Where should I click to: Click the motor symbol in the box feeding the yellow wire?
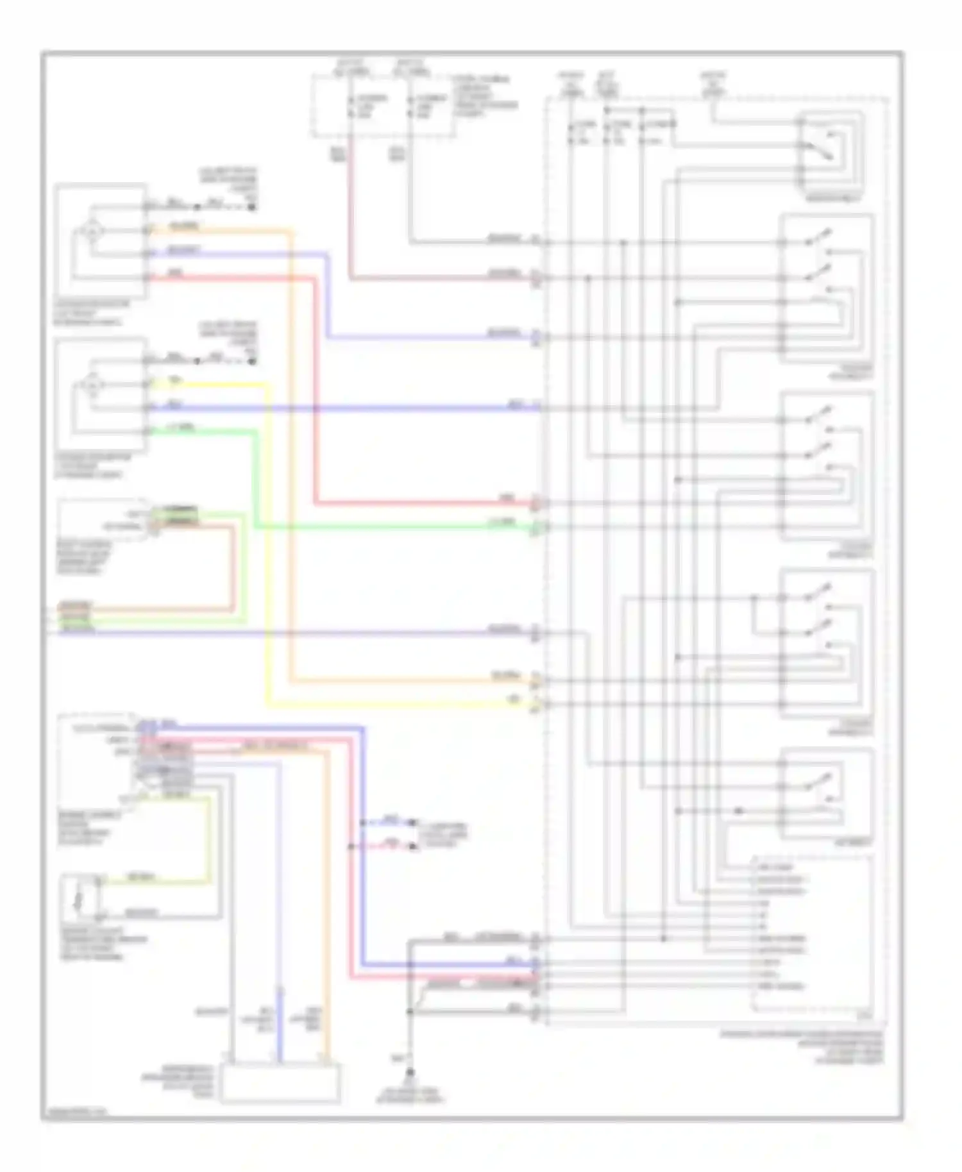pos(92,385)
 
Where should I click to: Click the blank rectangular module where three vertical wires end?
pos(280,1083)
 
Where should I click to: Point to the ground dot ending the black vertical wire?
pos(410,1072)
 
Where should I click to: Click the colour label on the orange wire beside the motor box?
pos(183,226)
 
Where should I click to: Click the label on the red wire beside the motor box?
pos(174,274)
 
